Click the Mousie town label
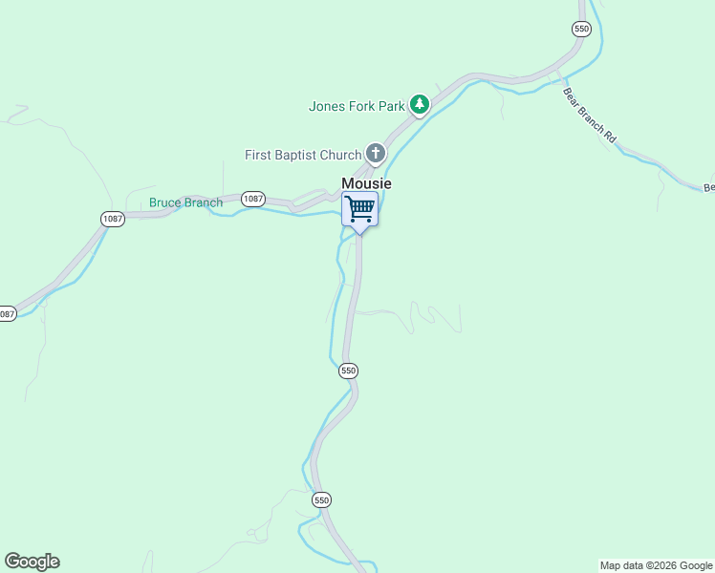367,183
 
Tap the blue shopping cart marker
359,209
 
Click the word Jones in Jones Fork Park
327,106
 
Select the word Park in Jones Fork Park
391,106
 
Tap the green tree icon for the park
419,104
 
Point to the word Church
340,155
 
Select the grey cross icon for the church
376,153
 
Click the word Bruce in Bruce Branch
165,202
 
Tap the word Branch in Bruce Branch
205,202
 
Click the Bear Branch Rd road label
589,117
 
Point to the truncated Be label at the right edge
708,188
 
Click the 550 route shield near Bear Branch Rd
581,29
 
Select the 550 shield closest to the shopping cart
348,371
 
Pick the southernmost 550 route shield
321,499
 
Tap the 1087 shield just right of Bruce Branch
252,199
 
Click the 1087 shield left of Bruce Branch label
113,219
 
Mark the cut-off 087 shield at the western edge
7,313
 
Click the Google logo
32,562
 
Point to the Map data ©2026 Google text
656,565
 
